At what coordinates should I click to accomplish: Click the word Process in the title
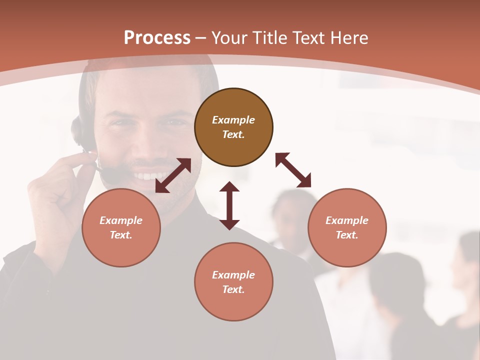pyautogui.click(x=157, y=38)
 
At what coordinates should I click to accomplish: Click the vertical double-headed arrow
pyautogui.click(x=229, y=205)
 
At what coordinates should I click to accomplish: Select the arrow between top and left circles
pyautogui.click(x=173, y=175)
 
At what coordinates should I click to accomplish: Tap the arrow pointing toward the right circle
pyautogui.click(x=293, y=170)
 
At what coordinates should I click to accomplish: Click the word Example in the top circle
pyautogui.click(x=233, y=120)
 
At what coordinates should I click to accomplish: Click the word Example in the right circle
pyautogui.click(x=347, y=220)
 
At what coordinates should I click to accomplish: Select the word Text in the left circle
pyautogui.click(x=120, y=235)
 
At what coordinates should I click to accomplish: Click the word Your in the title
pyautogui.click(x=229, y=38)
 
